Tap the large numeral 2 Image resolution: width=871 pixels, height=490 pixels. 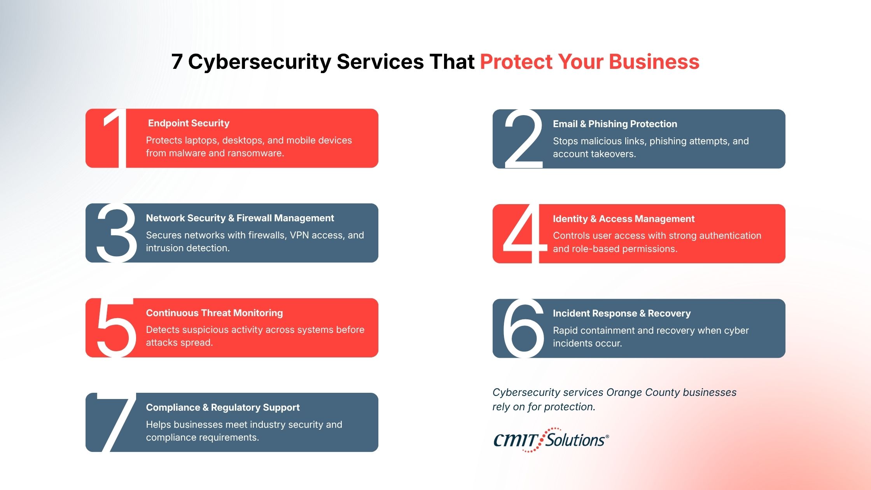523,139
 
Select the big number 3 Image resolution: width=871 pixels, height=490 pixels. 117,233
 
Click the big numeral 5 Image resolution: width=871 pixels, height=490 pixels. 116,327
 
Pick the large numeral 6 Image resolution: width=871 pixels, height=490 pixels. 523,328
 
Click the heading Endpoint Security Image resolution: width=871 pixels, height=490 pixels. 189,123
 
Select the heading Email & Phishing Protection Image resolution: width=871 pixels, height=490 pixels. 615,124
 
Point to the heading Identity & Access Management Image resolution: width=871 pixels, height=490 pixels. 623,219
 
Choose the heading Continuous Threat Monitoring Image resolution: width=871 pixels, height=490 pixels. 214,313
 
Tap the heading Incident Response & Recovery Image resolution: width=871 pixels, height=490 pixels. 621,313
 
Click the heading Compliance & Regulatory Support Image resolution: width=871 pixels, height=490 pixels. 223,408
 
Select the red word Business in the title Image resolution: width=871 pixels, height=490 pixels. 654,62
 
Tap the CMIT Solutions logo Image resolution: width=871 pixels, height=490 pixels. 551,440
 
